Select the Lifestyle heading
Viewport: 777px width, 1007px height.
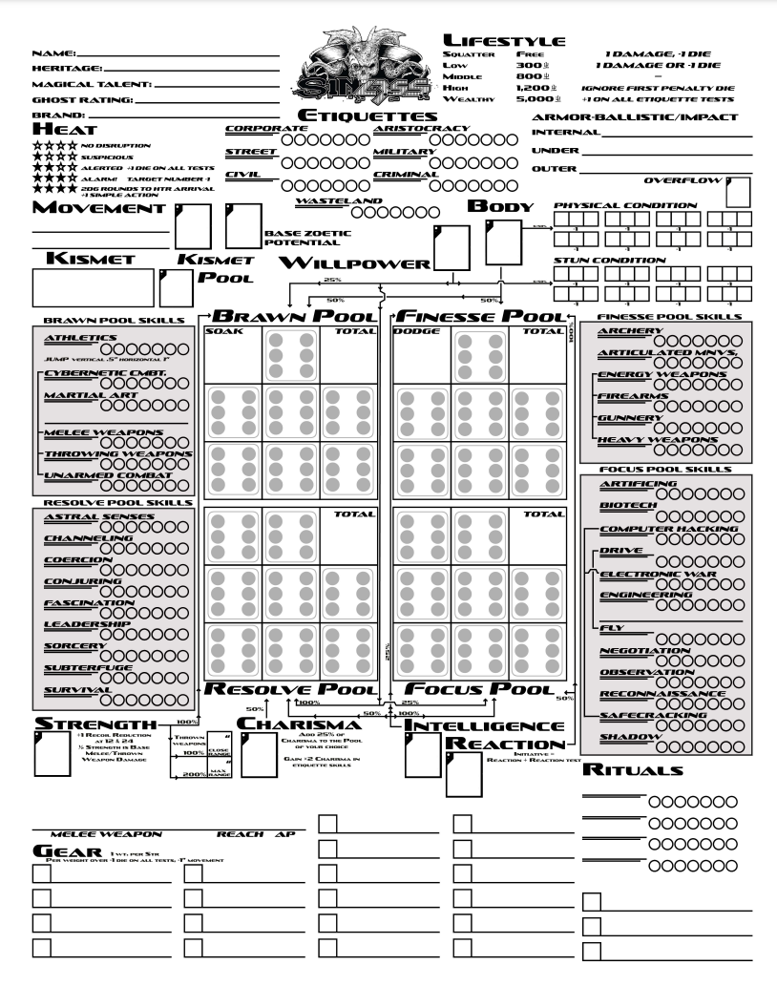504,40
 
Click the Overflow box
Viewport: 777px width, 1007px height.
738,191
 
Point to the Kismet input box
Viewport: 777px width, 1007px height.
93,286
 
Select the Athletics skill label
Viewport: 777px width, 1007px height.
81,337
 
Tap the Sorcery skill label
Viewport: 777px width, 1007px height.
74,644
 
